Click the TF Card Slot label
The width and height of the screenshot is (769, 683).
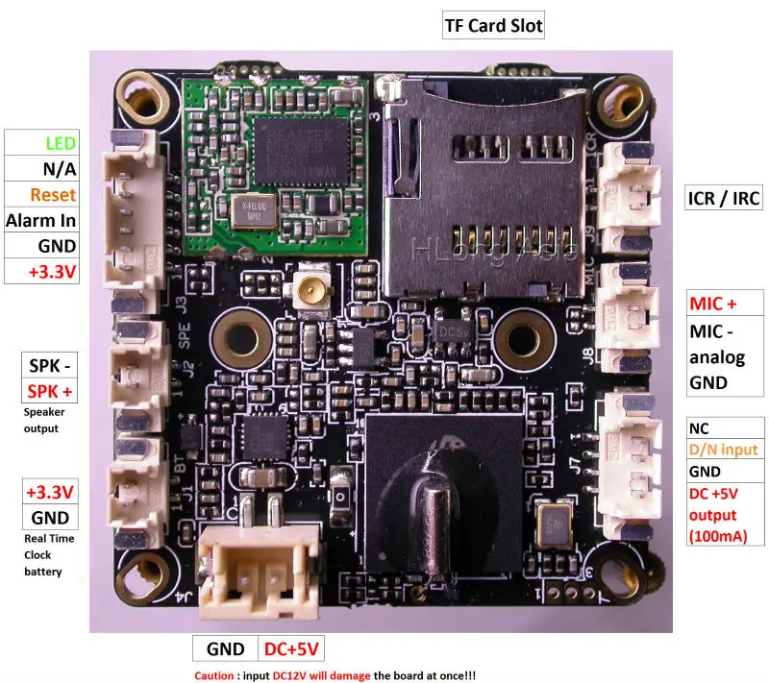[x=492, y=26]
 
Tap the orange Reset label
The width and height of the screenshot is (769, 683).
[x=54, y=195]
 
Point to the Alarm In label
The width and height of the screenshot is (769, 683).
[x=41, y=220]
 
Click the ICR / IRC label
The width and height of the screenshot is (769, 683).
[x=723, y=199]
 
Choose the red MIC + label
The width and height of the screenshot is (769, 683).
[x=712, y=305]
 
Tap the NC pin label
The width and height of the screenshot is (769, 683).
[x=699, y=428]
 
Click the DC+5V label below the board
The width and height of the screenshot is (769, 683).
[x=292, y=649]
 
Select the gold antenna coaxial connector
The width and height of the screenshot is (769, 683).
[x=313, y=285]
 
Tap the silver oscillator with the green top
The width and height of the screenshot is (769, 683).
[x=554, y=524]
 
